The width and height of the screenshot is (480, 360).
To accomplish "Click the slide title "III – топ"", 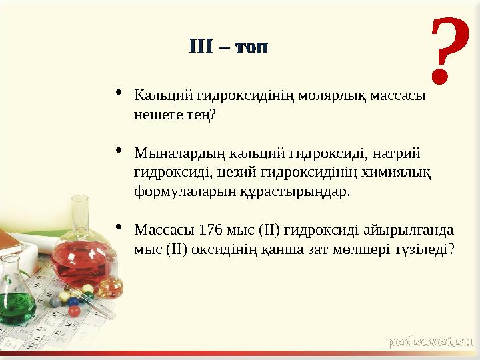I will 229,47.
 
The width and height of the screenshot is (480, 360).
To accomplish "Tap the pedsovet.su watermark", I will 429,342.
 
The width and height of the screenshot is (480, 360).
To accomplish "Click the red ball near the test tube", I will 74,311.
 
